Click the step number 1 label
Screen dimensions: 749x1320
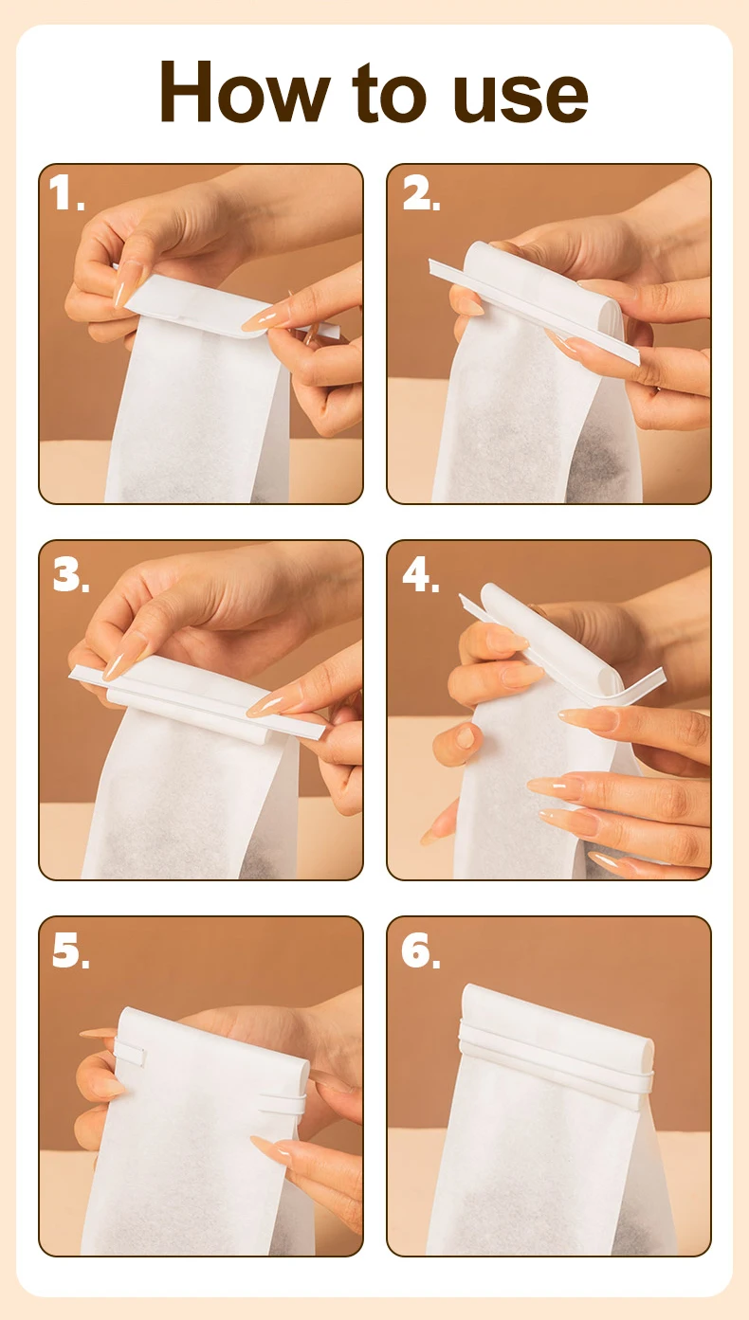(x=66, y=192)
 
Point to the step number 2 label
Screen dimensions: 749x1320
(x=421, y=192)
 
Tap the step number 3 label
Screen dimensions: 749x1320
(x=71, y=574)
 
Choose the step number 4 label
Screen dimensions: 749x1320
(x=421, y=574)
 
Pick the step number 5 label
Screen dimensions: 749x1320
(x=71, y=950)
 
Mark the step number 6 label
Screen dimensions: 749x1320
(x=421, y=950)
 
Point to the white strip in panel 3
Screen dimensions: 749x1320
(x=197, y=702)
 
